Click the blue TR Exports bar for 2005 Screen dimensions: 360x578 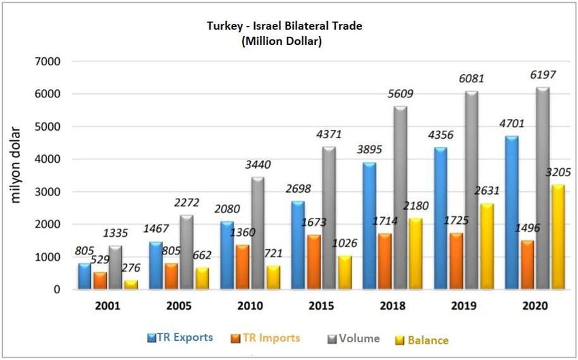pyautogui.click(x=155, y=265)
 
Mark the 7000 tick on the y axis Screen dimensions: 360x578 pyautogui.click(x=46, y=62)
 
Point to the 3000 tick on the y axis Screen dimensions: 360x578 pyautogui.click(x=46, y=192)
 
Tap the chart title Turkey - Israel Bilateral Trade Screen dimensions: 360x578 pyautogui.click(x=285, y=27)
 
